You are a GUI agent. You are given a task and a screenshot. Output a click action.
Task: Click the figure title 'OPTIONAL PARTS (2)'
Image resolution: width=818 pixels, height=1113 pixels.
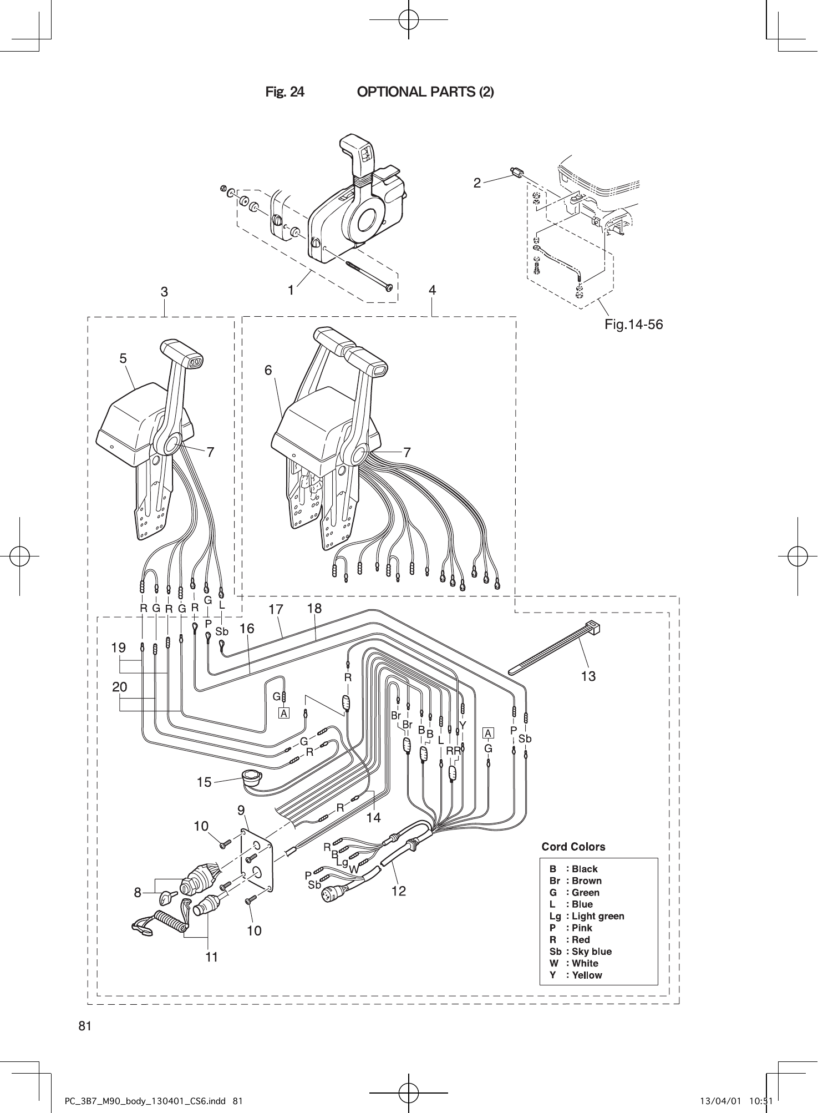click(x=425, y=92)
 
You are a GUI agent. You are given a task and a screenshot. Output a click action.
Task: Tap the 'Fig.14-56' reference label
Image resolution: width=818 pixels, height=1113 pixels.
click(x=633, y=324)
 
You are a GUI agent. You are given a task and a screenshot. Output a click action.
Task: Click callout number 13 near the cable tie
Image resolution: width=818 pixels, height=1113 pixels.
click(x=588, y=676)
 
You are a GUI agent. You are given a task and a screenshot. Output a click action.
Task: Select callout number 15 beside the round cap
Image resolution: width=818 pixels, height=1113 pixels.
click(x=204, y=782)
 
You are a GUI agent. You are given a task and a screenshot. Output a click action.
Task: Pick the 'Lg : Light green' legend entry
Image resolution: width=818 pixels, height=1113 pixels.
click(x=586, y=916)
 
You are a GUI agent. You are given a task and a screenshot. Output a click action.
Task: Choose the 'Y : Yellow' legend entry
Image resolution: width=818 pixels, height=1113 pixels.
click(x=575, y=975)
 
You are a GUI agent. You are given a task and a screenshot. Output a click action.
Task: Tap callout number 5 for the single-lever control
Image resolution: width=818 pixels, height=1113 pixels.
click(x=123, y=358)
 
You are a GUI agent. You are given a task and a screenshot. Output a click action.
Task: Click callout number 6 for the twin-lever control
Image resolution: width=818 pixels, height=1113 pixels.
click(x=268, y=370)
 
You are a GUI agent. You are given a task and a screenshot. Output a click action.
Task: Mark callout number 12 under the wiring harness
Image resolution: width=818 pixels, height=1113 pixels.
click(x=398, y=891)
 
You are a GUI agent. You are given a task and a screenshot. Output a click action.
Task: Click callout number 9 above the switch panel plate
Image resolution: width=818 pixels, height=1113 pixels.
click(x=241, y=811)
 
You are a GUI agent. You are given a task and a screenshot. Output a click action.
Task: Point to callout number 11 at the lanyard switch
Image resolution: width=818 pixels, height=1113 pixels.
click(x=211, y=957)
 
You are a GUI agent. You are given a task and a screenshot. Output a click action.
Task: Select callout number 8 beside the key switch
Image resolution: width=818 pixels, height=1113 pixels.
click(x=137, y=893)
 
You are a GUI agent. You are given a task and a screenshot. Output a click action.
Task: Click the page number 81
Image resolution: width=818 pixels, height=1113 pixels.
click(x=84, y=1025)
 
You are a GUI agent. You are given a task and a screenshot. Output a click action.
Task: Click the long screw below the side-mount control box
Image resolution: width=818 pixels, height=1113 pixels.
click(x=366, y=275)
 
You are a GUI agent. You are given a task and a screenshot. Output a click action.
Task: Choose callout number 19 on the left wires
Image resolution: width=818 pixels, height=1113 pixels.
click(x=118, y=647)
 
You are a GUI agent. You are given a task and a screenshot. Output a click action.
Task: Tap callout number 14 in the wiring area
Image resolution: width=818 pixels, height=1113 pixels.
click(x=374, y=817)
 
